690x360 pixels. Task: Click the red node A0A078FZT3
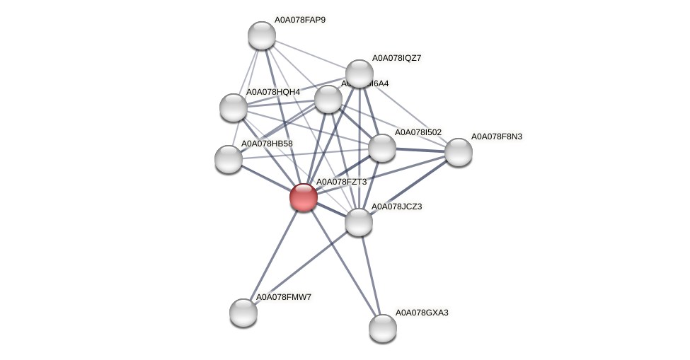304,197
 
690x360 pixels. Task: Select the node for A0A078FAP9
261,35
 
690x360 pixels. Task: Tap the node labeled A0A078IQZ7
360,74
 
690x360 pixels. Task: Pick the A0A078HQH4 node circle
234,108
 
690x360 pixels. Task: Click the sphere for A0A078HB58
229,158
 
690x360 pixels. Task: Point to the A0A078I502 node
382,148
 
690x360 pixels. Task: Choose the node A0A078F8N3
458,151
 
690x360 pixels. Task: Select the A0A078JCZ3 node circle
359,222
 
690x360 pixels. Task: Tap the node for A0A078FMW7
243,312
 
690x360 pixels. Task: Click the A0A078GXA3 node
383,327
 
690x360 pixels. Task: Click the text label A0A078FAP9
300,20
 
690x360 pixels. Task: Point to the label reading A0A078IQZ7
397,58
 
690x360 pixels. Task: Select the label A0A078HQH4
272,92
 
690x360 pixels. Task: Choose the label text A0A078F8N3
497,137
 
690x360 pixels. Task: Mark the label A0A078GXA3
422,313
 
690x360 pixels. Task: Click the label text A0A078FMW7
283,297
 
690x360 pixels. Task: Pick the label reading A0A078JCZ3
397,207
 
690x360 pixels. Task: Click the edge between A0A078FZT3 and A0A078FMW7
274,254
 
